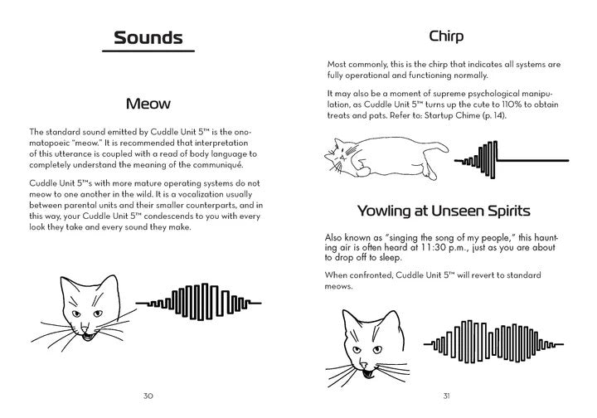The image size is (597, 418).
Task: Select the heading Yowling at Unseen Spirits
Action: tap(446, 210)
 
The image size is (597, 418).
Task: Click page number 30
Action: tap(148, 395)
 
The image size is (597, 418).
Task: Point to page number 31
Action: tap(446, 395)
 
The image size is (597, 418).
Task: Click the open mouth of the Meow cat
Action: tap(88, 334)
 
